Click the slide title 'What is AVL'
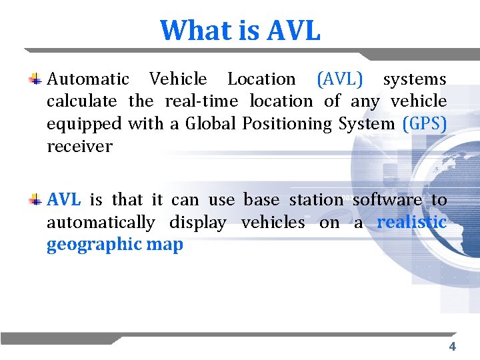[240, 30]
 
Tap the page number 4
[452, 347]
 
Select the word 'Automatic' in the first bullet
[88, 79]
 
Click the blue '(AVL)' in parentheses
[340, 79]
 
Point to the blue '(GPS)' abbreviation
[425, 124]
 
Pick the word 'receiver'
[79, 147]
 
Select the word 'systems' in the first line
[414, 79]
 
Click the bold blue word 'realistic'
[411, 222]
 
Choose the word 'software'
[387, 199]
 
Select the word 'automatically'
[101, 222]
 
